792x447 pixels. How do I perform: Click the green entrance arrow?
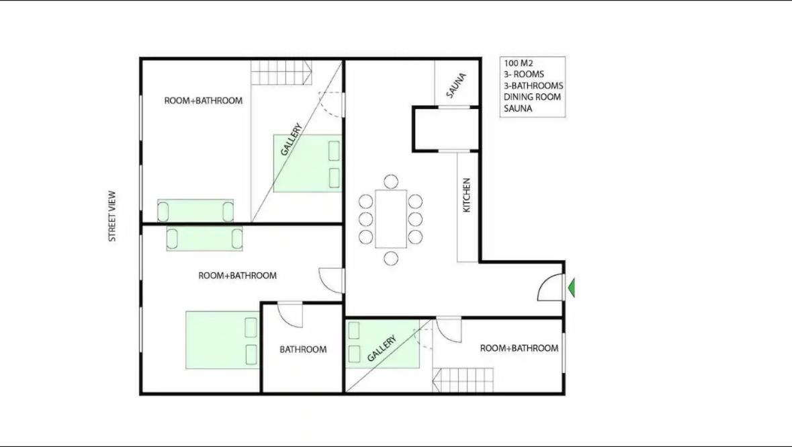tap(571, 288)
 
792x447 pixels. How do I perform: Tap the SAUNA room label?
tap(456, 85)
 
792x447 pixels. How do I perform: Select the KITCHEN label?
tap(467, 195)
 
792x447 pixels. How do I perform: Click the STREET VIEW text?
tap(112, 216)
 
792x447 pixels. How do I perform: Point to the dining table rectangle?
tap(391, 219)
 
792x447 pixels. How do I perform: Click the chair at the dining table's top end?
tap(390, 181)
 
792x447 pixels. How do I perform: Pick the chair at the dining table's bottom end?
tap(390, 258)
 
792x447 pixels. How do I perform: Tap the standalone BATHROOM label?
tap(303, 350)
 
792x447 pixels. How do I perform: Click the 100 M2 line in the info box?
tap(518, 64)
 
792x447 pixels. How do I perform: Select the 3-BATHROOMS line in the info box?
tap(533, 86)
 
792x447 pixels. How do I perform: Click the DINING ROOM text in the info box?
tap(533, 97)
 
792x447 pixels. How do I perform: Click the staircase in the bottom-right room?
tap(463, 380)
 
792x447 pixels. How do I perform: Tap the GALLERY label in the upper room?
tap(292, 140)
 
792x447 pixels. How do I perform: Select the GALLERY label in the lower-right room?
tap(382, 348)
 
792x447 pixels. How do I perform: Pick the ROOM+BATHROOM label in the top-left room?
tap(204, 101)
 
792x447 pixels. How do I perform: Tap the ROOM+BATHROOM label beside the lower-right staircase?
tap(519, 348)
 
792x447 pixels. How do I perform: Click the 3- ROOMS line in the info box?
tap(524, 75)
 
